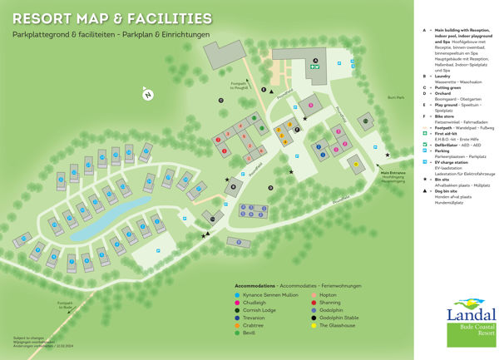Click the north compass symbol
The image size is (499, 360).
click(147, 94)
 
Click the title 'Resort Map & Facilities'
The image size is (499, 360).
click(111, 18)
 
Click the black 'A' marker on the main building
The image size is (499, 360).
click(315, 60)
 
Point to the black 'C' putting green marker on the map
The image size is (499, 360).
click(221, 101)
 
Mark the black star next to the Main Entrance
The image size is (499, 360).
click(388, 155)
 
